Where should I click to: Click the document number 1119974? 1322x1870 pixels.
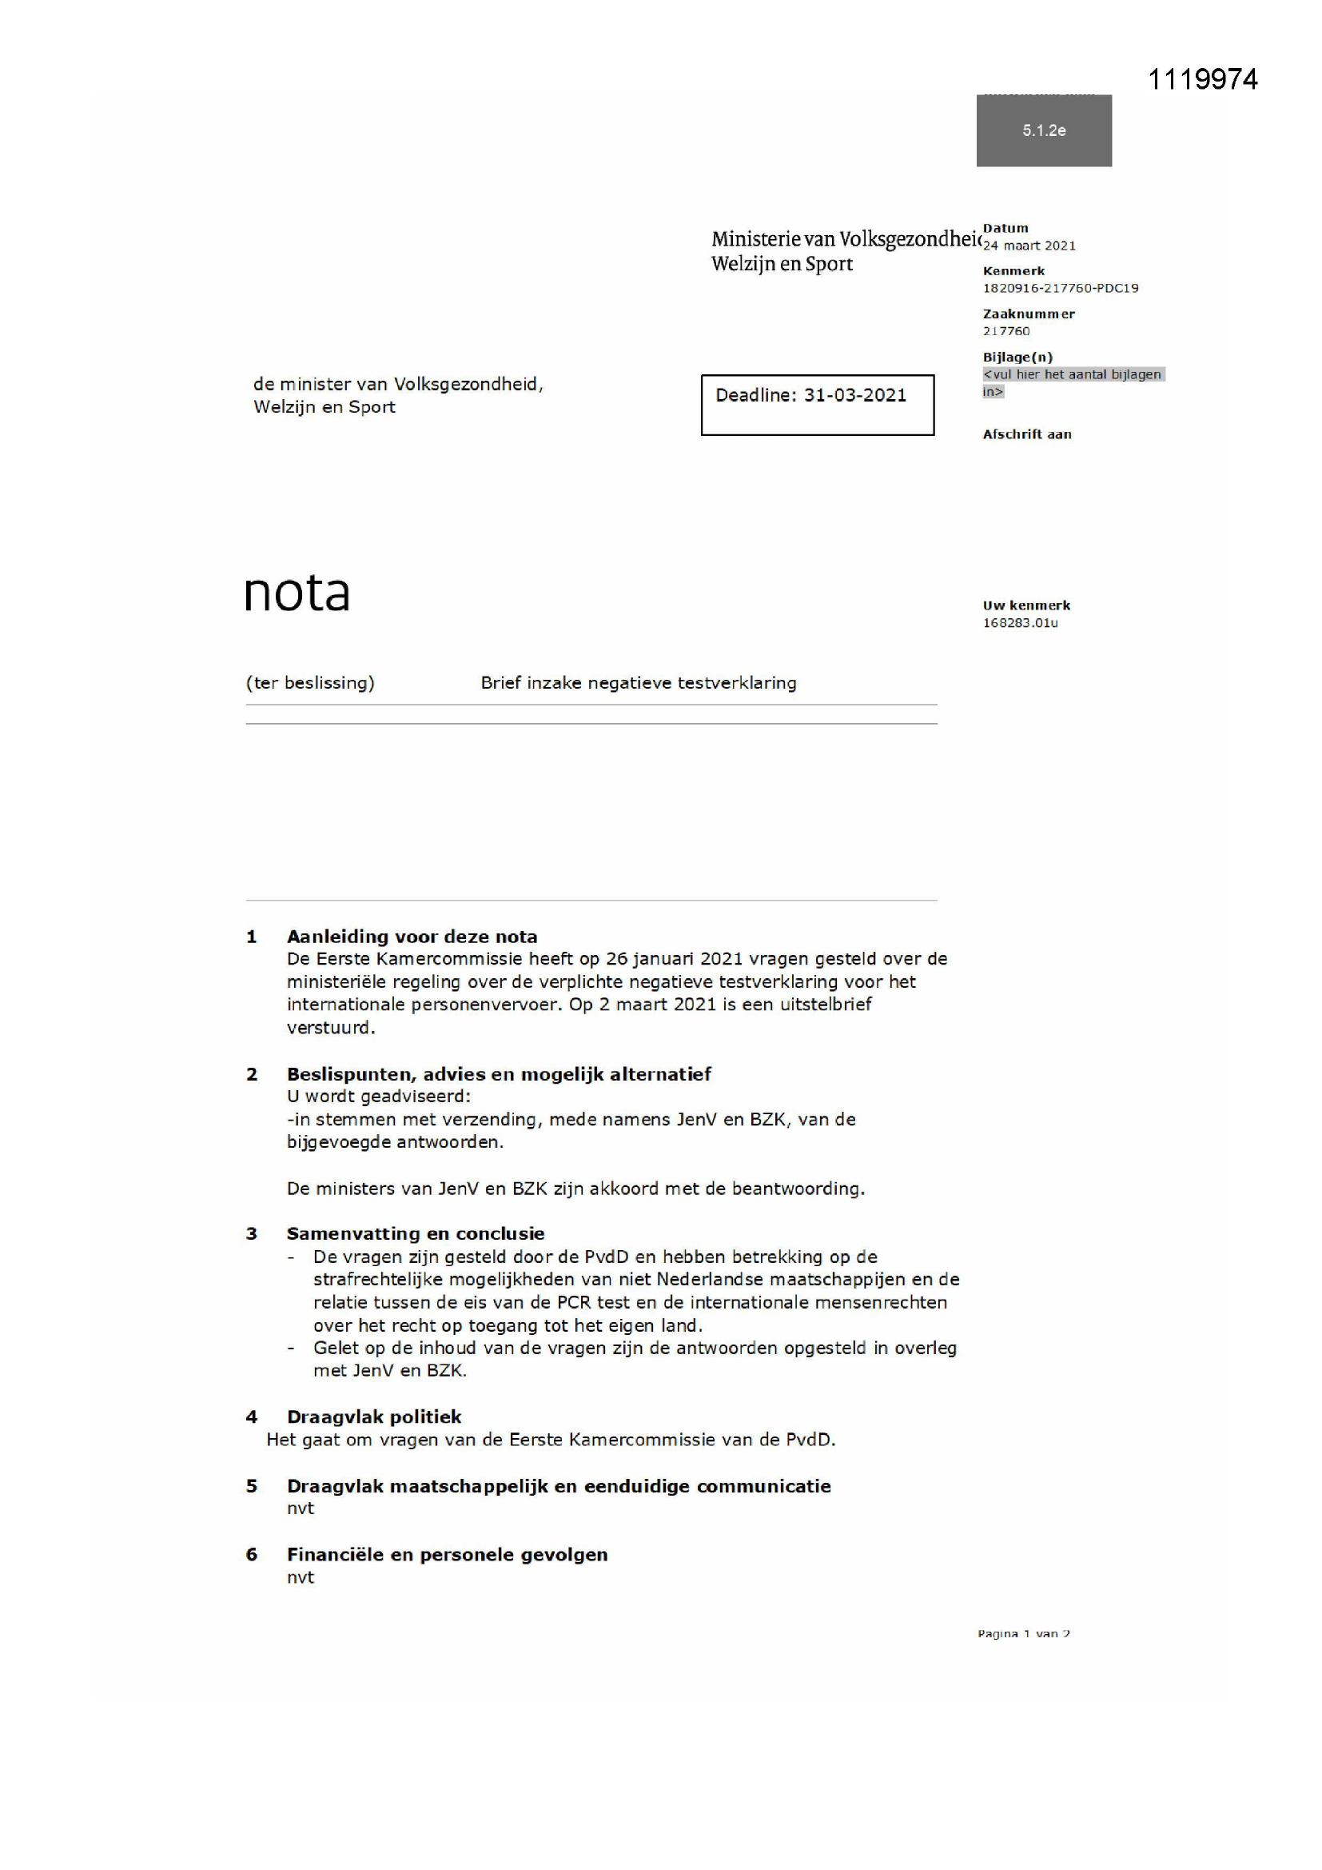[1201, 79]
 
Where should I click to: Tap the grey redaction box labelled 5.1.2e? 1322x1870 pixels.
[1044, 130]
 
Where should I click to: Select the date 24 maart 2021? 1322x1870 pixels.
[1029, 246]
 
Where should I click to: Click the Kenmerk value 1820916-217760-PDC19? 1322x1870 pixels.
[1060, 288]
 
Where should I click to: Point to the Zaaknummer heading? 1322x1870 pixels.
[1028, 314]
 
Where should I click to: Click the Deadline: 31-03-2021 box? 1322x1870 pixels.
[818, 405]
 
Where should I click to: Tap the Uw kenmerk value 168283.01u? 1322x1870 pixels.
[1020, 623]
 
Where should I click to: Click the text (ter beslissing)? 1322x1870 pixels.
[310, 682]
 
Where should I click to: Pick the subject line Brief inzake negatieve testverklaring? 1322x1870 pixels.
[638, 682]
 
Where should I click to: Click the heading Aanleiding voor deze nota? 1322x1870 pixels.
[412, 937]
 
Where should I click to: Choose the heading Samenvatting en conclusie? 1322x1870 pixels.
[415, 1233]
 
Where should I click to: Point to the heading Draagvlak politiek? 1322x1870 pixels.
[373, 1416]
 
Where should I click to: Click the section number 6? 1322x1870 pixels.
[252, 1554]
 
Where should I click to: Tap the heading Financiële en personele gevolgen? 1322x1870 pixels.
[447, 1554]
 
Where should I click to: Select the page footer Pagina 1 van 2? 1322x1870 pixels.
[1023, 1633]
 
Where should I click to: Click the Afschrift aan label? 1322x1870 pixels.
[1026, 434]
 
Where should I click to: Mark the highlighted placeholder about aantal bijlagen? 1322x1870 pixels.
[1072, 382]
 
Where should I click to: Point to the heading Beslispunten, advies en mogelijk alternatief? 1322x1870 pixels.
[499, 1074]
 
